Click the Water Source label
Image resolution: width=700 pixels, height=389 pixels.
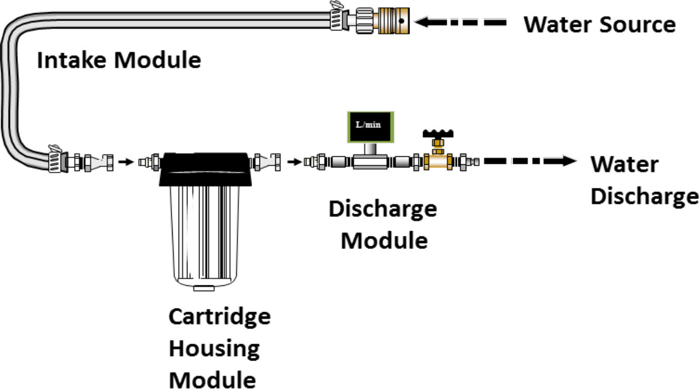[599, 24]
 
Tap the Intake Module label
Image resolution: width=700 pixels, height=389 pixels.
[119, 61]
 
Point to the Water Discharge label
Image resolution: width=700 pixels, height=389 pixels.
[644, 180]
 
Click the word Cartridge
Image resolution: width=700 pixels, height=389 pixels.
[219, 317]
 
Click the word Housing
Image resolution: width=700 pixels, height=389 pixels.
[214, 348]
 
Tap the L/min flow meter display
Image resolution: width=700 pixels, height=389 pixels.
[371, 127]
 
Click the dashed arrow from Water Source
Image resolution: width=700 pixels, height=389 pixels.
[461, 23]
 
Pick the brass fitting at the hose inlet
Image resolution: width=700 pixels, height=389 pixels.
[394, 22]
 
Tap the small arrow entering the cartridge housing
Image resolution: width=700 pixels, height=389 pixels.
[125, 162]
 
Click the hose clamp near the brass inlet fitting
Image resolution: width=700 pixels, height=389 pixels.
[337, 17]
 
